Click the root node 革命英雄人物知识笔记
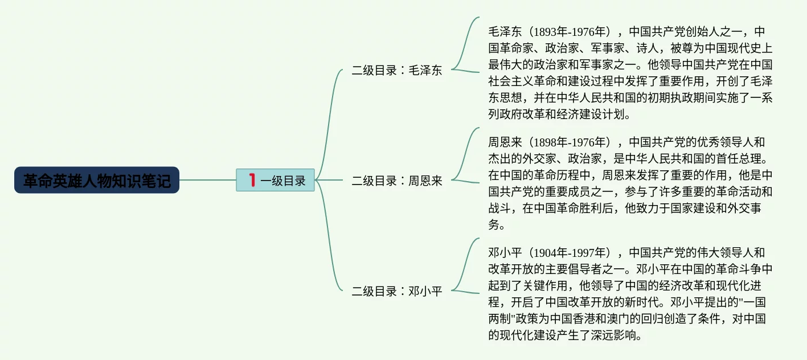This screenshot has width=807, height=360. click(x=97, y=180)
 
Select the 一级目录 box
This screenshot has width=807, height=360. click(x=276, y=180)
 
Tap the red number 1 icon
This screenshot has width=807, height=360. click(x=251, y=180)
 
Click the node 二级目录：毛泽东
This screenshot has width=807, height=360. click(x=396, y=71)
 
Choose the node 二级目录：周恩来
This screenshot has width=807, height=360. click(x=396, y=181)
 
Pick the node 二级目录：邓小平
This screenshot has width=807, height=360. click(x=396, y=292)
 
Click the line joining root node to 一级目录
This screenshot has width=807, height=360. click(x=207, y=180)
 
